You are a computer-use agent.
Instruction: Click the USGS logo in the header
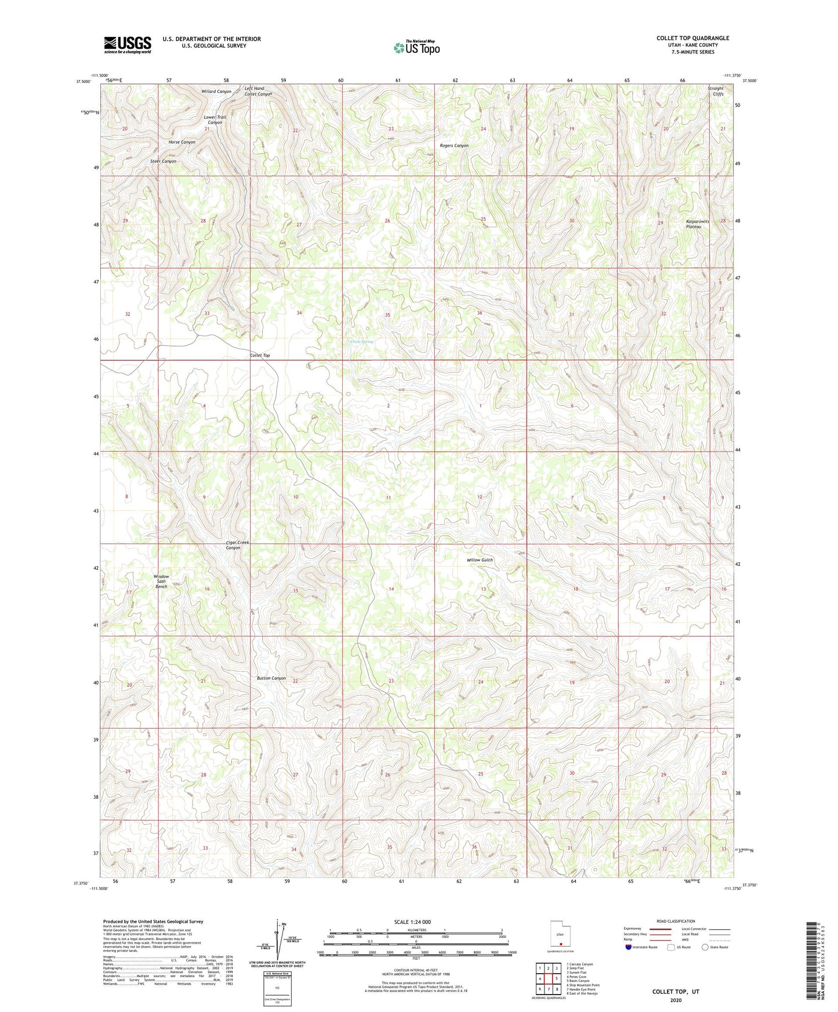(x=128, y=44)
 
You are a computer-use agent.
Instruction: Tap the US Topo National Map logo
(x=416, y=47)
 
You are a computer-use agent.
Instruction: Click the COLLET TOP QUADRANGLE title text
(x=692, y=38)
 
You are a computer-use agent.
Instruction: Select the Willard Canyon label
(x=216, y=92)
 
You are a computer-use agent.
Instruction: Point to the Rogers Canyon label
(x=454, y=145)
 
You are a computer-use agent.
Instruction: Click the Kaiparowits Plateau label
(x=697, y=224)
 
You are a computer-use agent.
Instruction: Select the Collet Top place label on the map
(x=259, y=355)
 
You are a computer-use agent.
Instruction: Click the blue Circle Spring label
(x=362, y=342)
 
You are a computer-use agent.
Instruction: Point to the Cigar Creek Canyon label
(x=237, y=545)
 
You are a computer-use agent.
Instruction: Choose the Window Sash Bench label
(x=161, y=581)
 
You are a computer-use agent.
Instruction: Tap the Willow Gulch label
(x=480, y=560)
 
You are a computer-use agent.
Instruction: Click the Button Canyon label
(x=271, y=678)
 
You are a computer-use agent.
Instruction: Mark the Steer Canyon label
(x=163, y=161)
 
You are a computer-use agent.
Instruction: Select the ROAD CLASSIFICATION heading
(x=676, y=921)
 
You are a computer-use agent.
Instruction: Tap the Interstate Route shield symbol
(x=629, y=947)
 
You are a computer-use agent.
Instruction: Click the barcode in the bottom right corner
(x=812, y=960)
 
